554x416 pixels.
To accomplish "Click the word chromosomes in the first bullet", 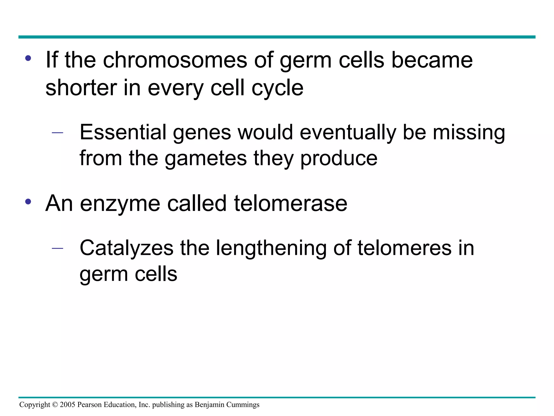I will [175, 60].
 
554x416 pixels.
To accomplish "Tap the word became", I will [432, 60].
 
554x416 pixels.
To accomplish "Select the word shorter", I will [81, 88].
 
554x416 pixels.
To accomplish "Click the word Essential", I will [123, 132].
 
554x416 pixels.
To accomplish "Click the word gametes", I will [206, 158].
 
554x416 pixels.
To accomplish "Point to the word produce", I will [339, 159].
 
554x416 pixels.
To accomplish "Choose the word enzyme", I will [120, 204].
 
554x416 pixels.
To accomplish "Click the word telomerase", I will [290, 203].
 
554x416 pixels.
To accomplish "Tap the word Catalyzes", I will [126, 248].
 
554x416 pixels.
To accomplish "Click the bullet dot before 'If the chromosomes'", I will [28, 58].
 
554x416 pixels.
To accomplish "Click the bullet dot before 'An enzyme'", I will [28, 202].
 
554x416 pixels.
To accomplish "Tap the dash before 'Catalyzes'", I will [57, 248].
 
